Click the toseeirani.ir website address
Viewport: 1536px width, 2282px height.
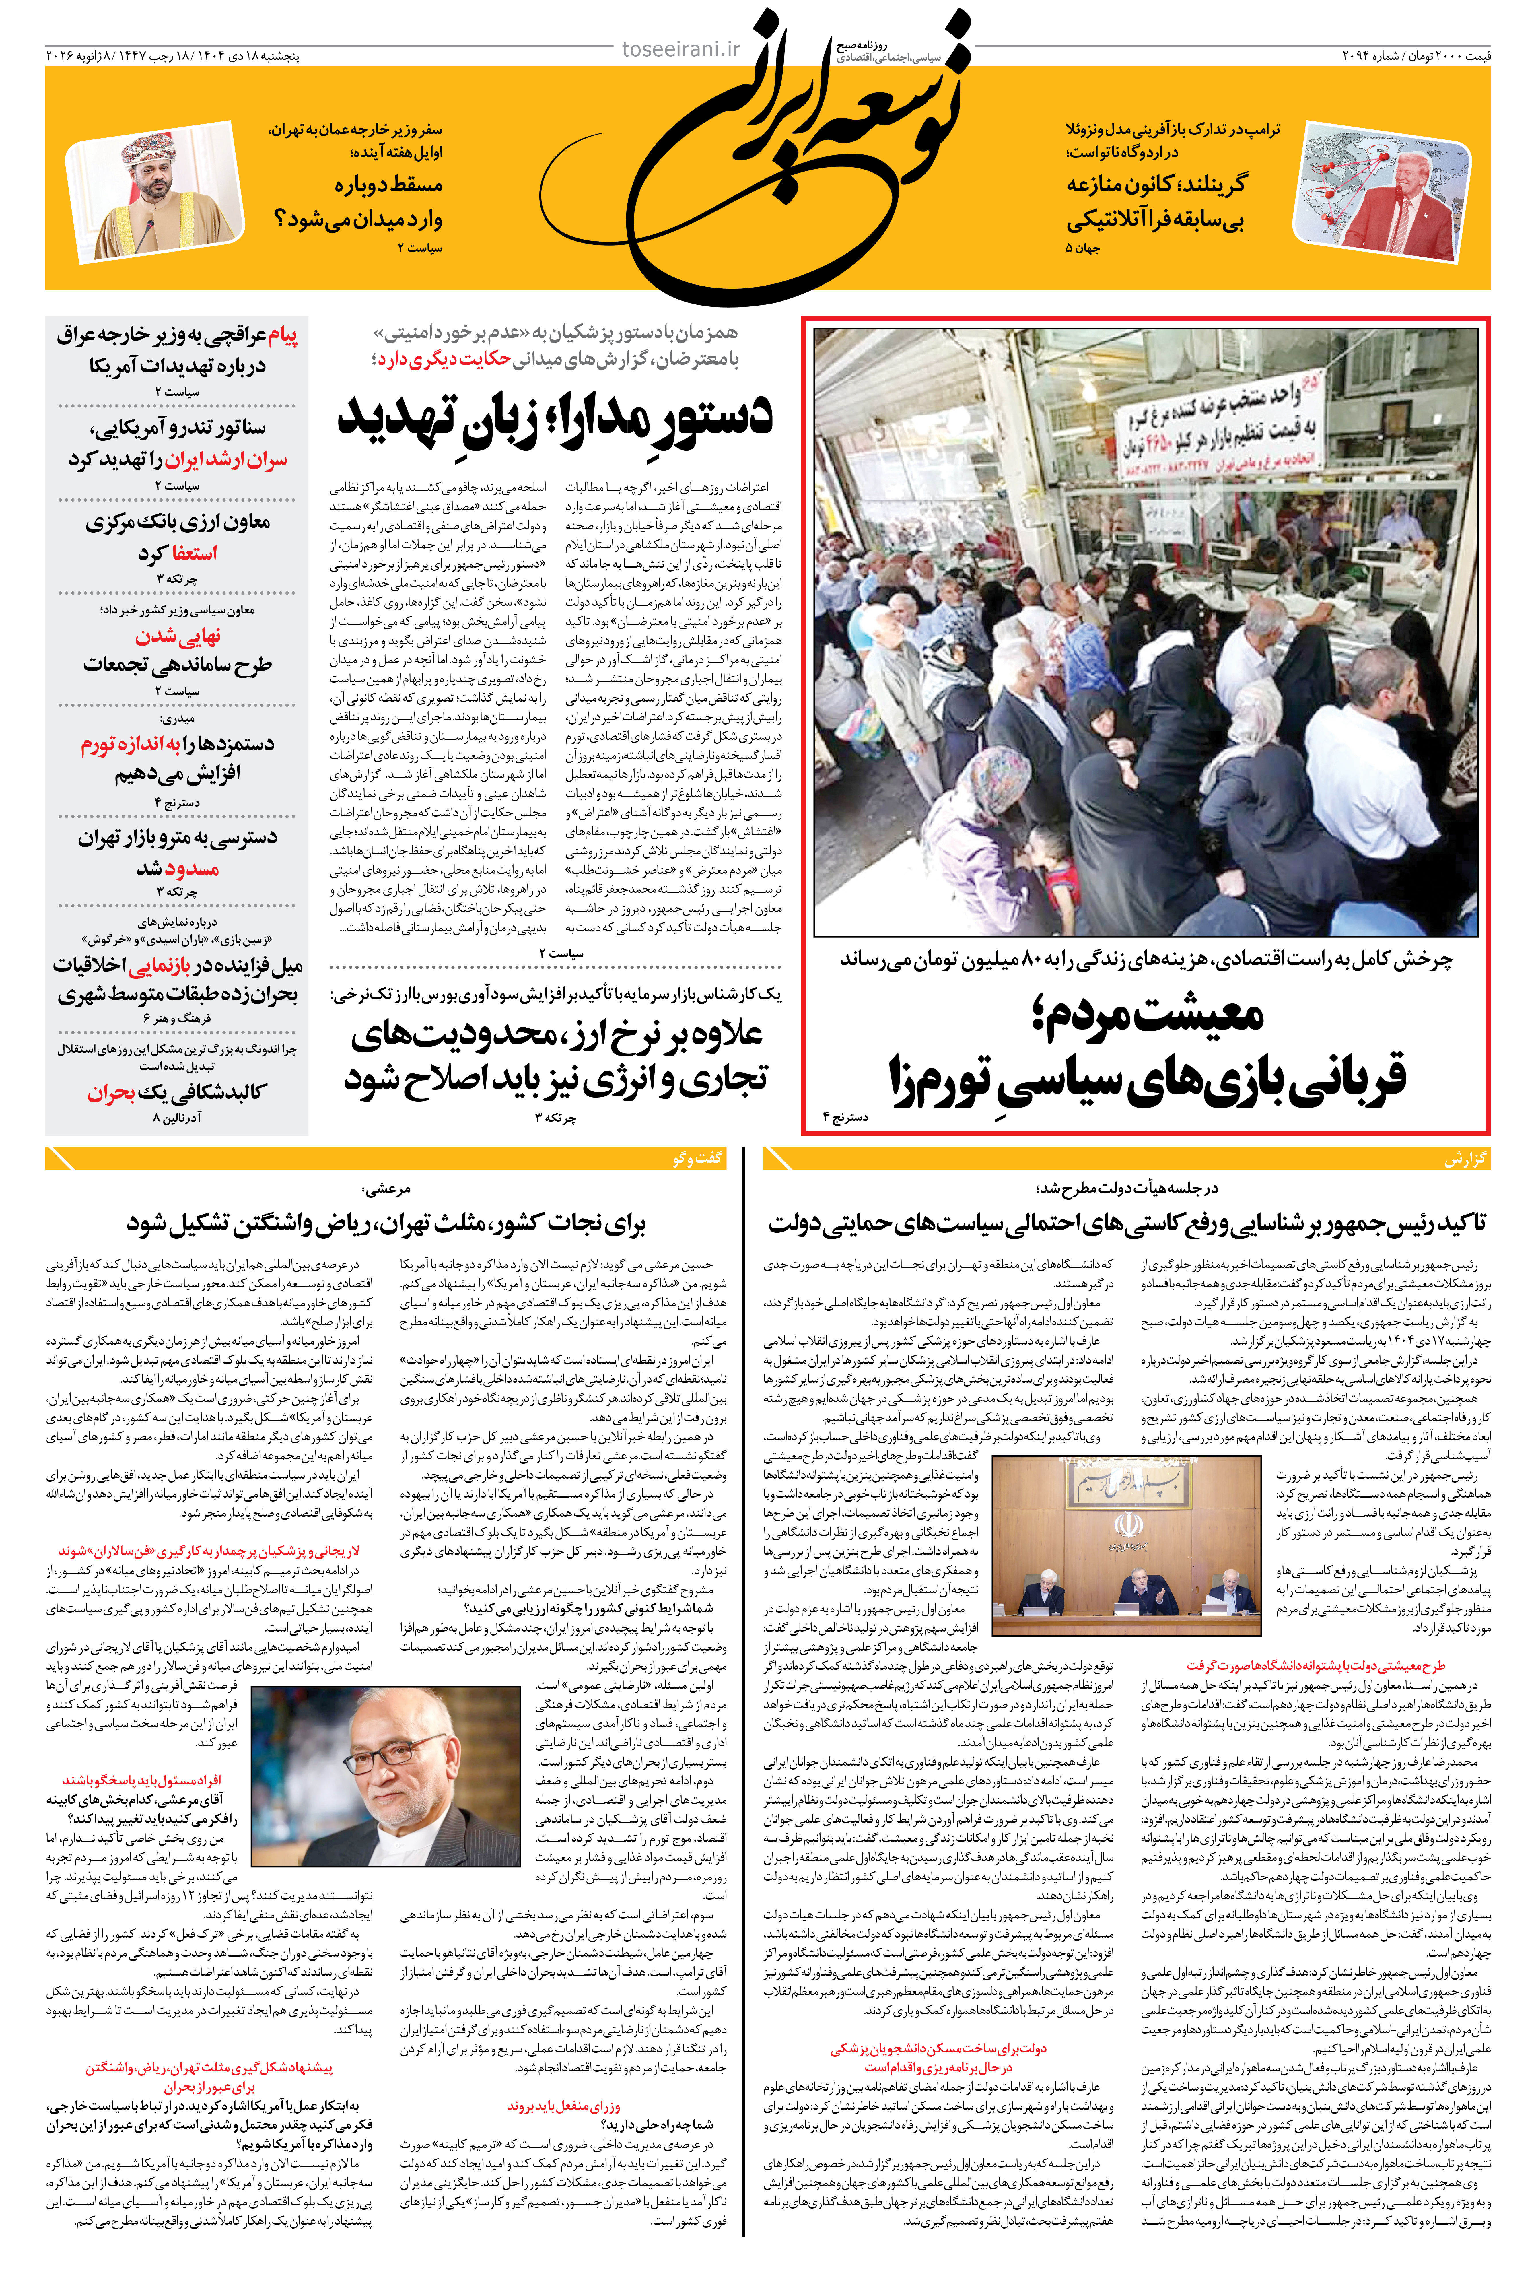click(x=681, y=49)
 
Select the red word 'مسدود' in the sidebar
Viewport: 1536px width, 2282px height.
click(x=192, y=869)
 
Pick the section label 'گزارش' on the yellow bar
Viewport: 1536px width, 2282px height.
click(x=1465, y=1159)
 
